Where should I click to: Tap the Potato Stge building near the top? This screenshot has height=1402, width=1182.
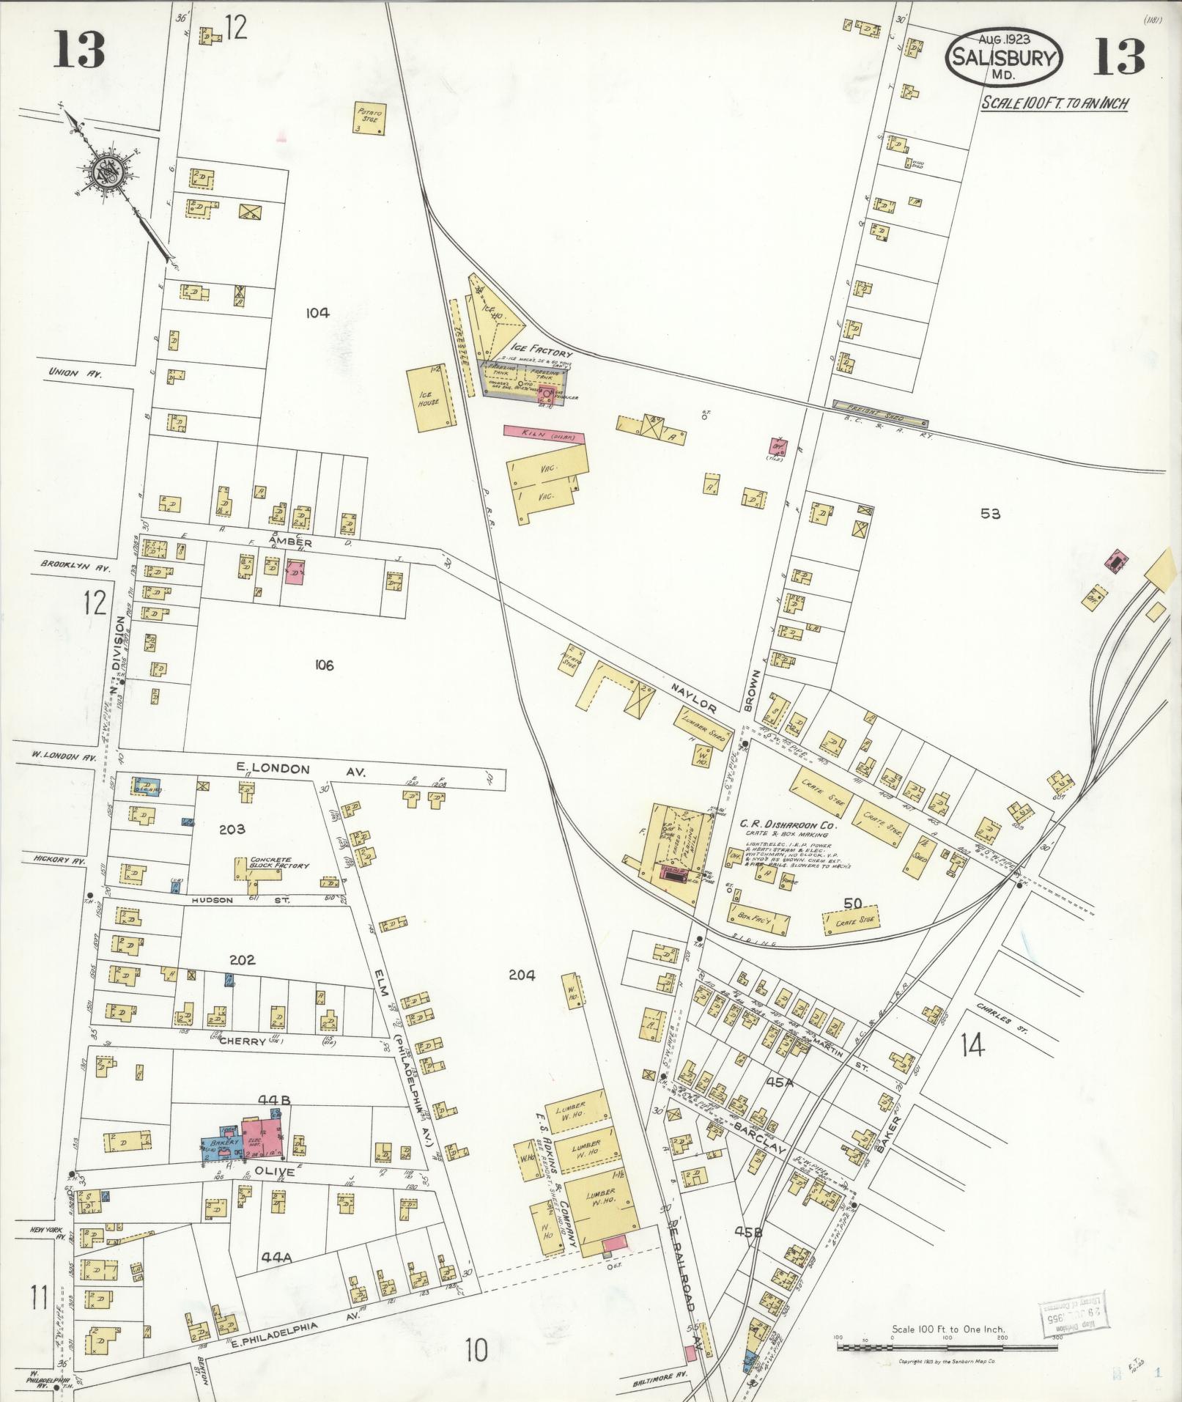point(370,117)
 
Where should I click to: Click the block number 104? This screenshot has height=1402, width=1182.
point(317,313)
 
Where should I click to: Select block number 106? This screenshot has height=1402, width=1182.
point(323,665)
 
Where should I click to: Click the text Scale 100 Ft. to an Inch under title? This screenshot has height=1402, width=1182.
point(1054,103)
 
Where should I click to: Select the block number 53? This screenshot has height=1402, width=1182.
point(990,514)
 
